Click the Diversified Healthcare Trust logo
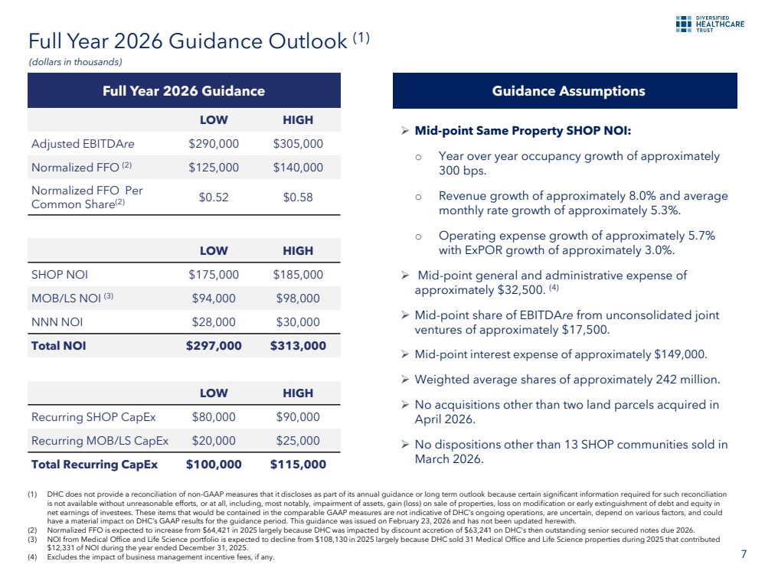[710, 24]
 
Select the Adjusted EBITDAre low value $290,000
[214, 144]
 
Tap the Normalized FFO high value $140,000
[298, 168]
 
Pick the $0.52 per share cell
[214, 197]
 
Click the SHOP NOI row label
[60, 275]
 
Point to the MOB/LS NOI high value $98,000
[298, 298]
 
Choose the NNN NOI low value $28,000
[214, 322]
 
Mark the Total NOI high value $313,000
[298, 346]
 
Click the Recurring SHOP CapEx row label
[93, 417]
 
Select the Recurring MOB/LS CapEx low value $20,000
[214, 441]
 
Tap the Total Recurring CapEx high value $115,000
[298, 465]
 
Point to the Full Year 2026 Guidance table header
[184, 91]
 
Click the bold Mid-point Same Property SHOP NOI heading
[523, 131]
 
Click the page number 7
[744, 554]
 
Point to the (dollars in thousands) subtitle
[75, 62]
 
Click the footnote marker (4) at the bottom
[32, 557]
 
